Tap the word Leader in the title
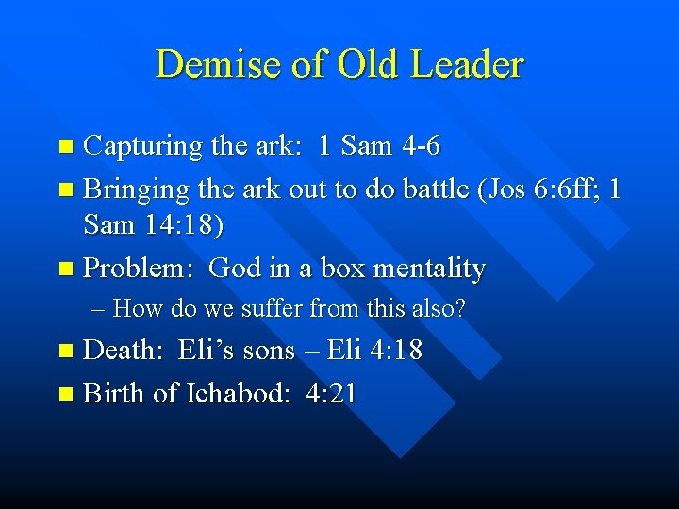tap(469, 65)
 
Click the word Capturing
tap(143, 147)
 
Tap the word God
tap(236, 268)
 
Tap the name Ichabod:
tap(240, 393)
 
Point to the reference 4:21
tap(332, 393)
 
